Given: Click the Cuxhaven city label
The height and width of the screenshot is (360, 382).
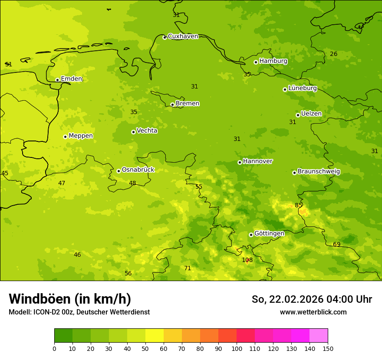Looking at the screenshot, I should pos(183,36).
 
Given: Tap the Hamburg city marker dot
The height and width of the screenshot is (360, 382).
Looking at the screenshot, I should pos(256,62).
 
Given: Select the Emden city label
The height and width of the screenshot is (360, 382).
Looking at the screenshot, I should pos(71,79).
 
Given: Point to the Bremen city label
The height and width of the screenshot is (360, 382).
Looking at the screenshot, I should pos(187,104).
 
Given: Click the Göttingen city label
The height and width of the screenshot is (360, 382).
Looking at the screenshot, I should pos(269,234).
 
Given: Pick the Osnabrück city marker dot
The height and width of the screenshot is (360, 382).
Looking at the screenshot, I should pos(119,171).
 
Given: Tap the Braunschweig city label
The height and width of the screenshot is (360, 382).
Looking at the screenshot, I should pos(319,172).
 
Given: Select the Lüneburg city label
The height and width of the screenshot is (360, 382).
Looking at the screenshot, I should pos(302,88).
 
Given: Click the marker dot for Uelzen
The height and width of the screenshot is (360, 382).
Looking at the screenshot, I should pos(298,115).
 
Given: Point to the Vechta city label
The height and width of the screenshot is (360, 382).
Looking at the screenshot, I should pos(147,131).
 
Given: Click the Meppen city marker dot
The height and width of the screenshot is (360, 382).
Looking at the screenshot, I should pos(65,137).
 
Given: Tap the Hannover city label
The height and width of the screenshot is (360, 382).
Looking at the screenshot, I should pos(257,161).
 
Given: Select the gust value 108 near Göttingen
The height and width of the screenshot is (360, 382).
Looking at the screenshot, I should pos(247,260).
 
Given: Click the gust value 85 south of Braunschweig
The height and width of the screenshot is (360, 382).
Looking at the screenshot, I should pos(299,205).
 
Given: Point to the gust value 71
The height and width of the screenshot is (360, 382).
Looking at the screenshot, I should pos(188,268).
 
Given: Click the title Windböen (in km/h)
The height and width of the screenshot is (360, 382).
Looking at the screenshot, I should pos(70,299).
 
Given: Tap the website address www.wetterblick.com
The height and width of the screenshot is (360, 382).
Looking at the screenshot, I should pos(313,312).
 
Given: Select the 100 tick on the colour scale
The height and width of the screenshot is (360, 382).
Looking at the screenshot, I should pos(237,348).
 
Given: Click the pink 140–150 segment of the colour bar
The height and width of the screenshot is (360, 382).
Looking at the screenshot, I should pos(319,335).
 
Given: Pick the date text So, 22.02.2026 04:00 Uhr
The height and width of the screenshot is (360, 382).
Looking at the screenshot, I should pos(312,299).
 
